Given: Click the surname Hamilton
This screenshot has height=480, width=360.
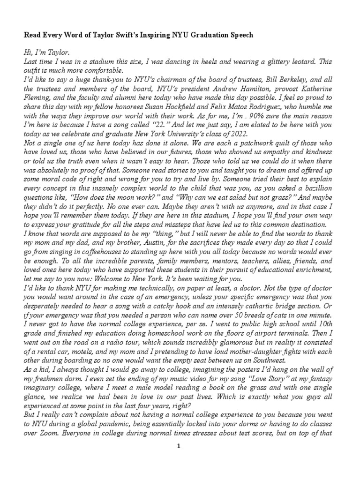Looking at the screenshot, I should click(x=243, y=89).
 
